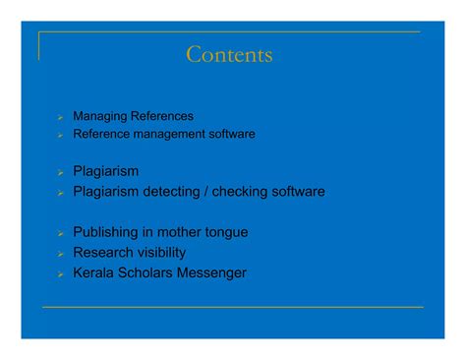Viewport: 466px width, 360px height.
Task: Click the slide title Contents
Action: [x=229, y=55]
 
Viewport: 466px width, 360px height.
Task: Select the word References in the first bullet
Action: [x=160, y=116]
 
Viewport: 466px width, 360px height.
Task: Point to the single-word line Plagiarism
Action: [x=106, y=171]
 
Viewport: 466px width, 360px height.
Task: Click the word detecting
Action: [x=177, y=191]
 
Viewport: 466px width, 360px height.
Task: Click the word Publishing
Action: [x=107, y=232]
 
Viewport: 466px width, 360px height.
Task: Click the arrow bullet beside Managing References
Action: [x=60, y=117]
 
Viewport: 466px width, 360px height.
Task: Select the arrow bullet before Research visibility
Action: [x=60, y=253]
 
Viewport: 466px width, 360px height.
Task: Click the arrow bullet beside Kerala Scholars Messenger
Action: [x=60, y=273]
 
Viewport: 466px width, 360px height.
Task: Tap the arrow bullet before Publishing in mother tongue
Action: [x=60, y=233]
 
